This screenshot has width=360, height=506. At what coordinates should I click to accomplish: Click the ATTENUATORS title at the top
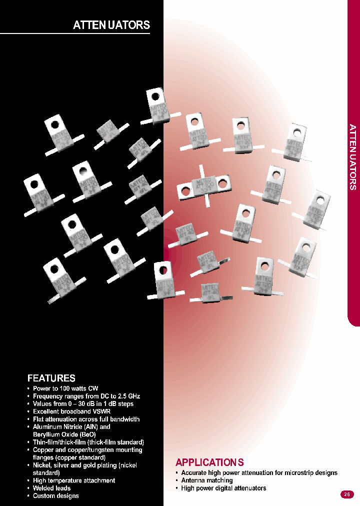111,25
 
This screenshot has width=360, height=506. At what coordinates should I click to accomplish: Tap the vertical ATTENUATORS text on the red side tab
353,156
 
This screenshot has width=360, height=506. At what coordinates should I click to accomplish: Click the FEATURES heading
51,378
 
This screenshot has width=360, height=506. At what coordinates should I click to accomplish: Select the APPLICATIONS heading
209,462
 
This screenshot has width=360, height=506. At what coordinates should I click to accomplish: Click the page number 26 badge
346,494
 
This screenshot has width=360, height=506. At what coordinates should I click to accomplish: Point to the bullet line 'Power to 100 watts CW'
65,388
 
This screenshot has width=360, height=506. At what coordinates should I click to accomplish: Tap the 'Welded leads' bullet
51,488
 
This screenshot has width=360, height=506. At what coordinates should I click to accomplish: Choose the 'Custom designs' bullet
55,495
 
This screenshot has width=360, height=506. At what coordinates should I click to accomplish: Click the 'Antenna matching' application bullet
207,480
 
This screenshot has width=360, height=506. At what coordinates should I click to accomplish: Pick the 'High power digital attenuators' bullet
223,488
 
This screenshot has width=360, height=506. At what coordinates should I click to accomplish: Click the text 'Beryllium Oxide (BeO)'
64,434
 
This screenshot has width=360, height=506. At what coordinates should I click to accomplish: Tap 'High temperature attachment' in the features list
74,480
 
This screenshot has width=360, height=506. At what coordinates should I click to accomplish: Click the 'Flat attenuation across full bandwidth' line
86,419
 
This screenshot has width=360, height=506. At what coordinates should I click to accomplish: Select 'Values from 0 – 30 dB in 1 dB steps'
83,403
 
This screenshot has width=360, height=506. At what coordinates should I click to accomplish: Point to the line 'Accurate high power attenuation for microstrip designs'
259,472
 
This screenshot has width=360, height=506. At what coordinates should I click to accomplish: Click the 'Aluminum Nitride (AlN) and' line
71,427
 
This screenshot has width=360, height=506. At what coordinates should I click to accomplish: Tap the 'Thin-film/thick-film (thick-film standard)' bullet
88,442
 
